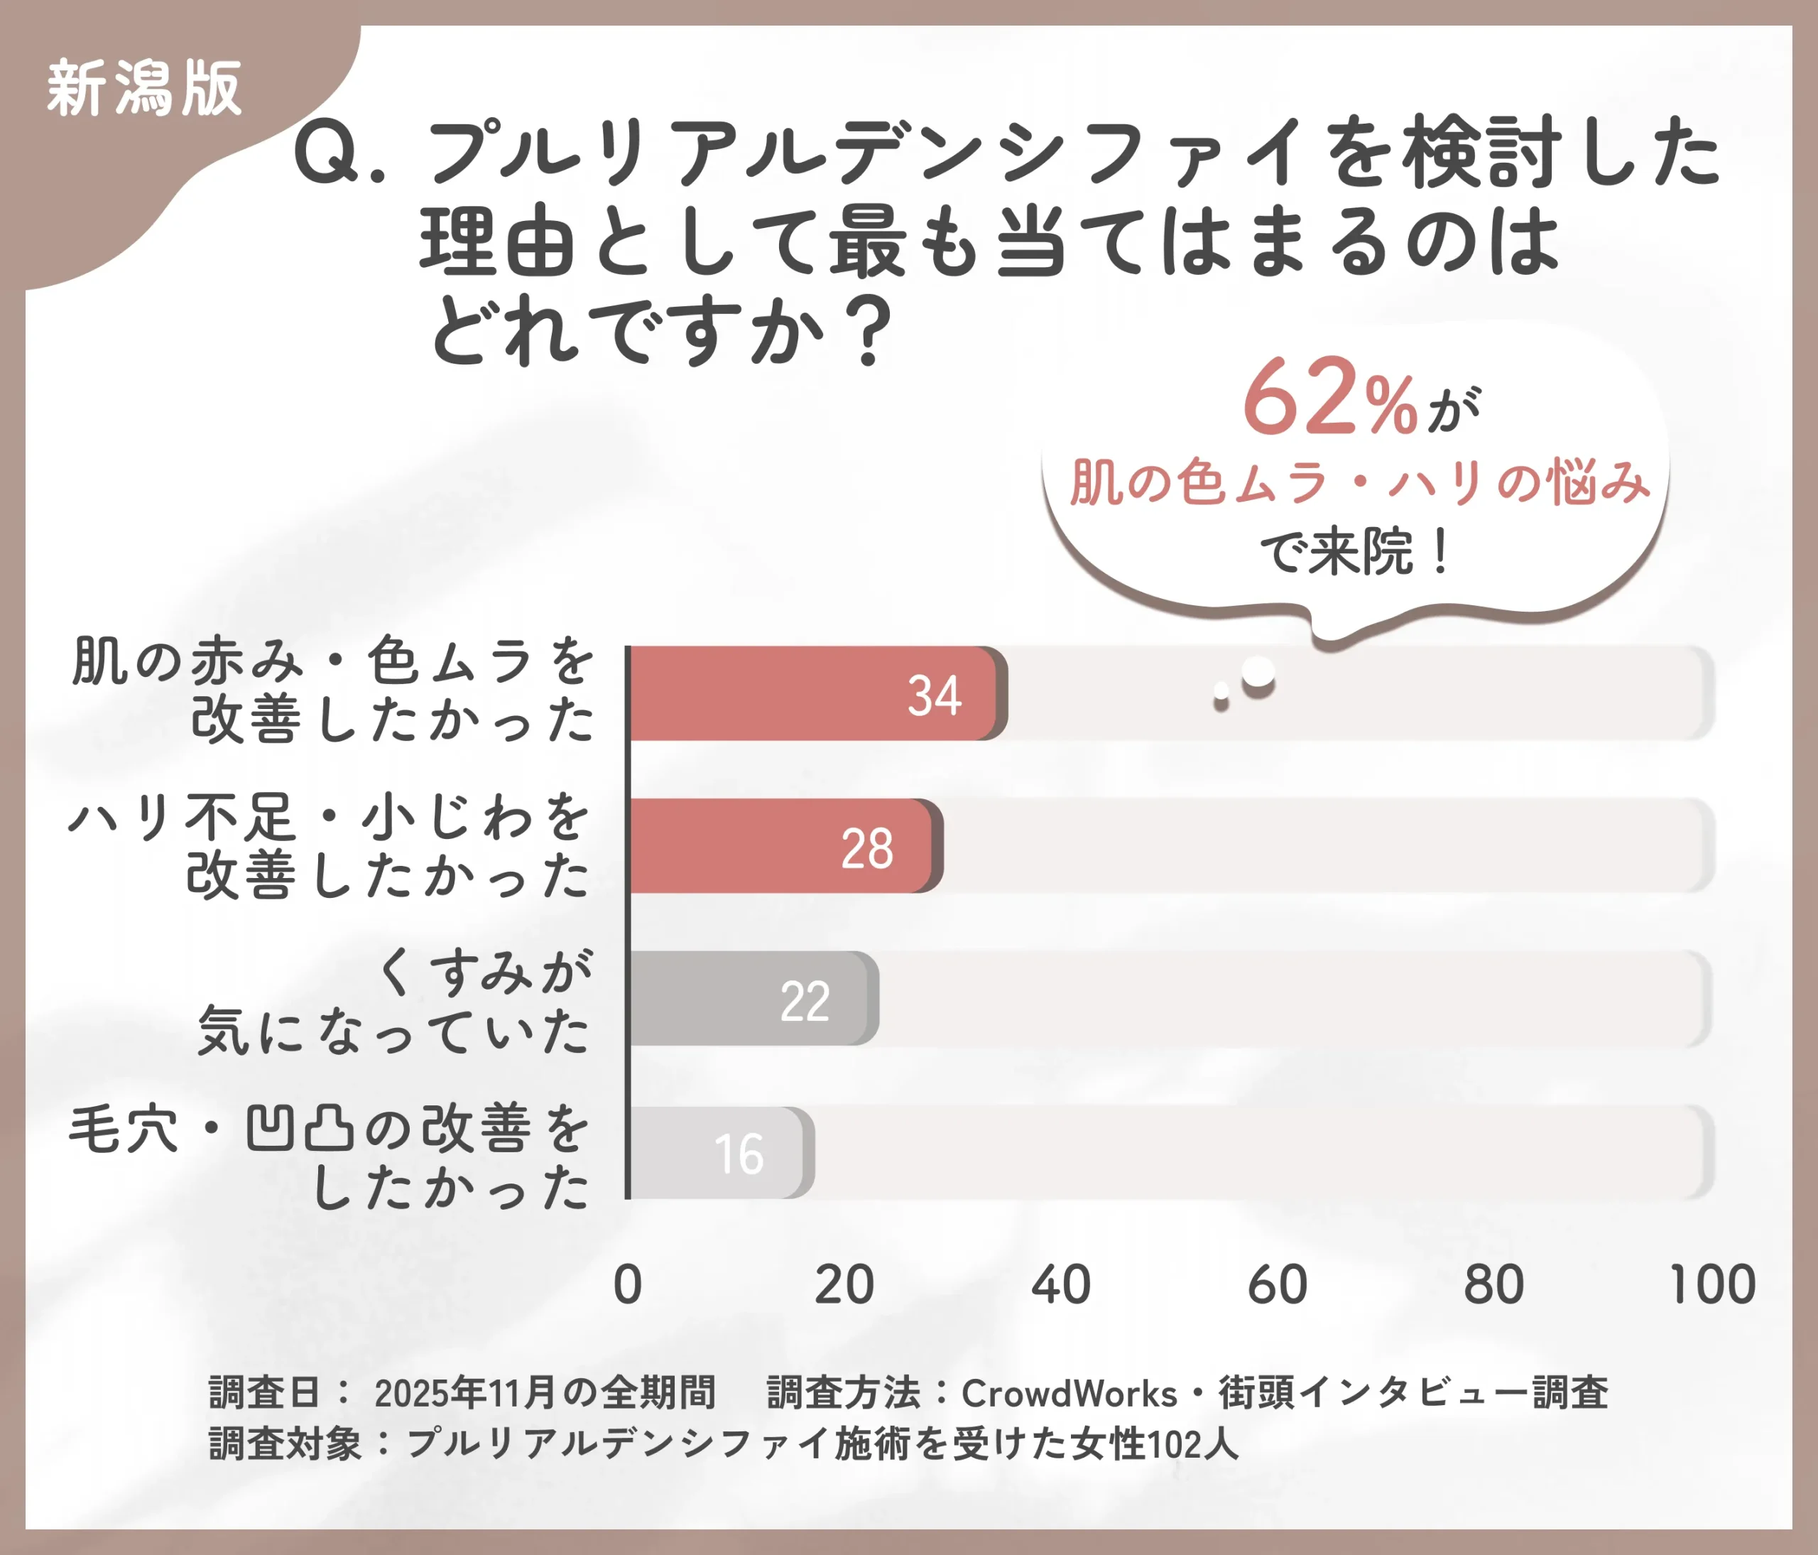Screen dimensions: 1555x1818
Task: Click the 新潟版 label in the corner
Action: [143, 88]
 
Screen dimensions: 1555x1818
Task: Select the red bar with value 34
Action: [816, 693]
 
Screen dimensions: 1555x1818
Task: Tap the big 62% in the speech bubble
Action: [1329, 399]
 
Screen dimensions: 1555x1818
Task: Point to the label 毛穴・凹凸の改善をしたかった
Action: [329, 1156]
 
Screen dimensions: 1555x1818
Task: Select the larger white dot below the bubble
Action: [1258, 673]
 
